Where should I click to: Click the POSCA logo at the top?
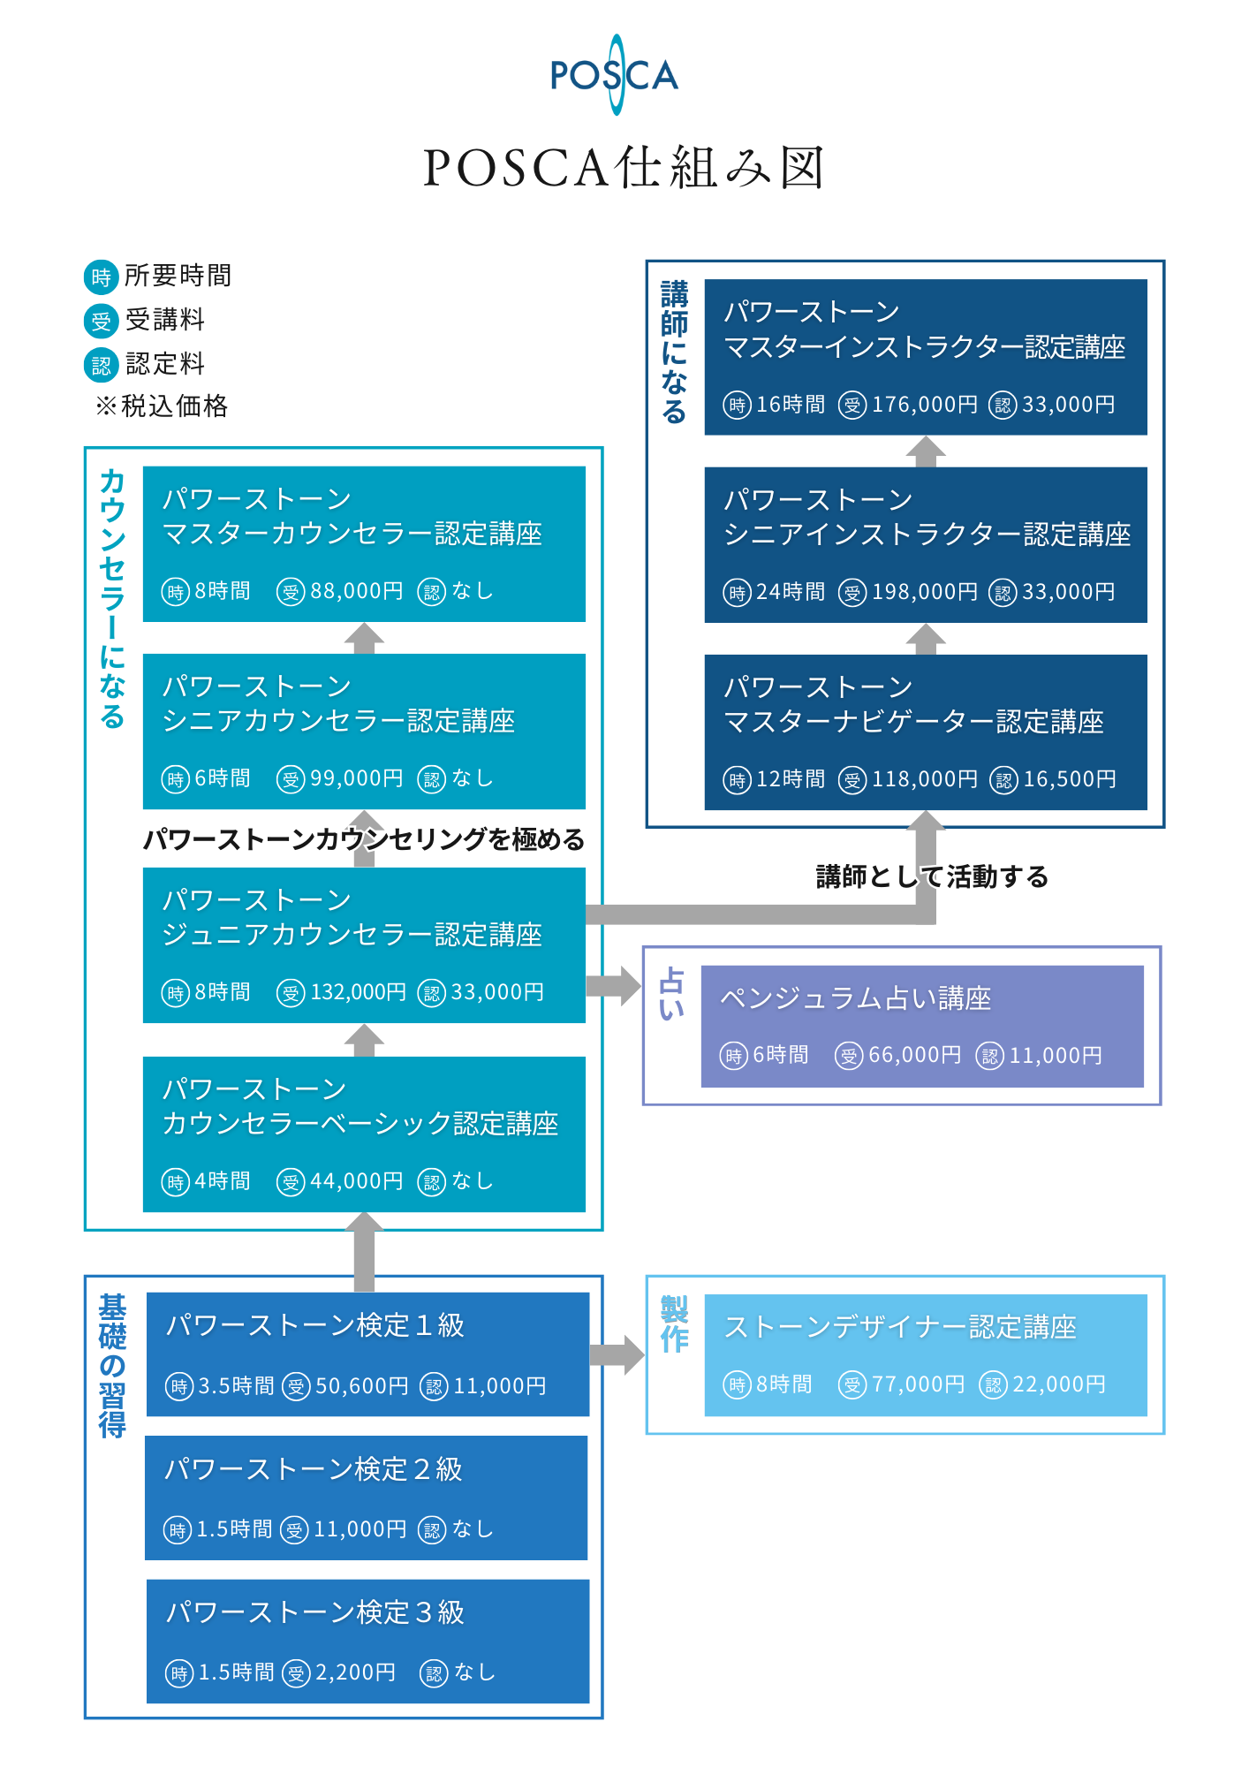[x=615, y=75]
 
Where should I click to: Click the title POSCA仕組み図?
[x=624, y=167]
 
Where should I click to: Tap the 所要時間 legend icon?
[x=101, y=277]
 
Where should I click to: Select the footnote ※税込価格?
[x=162, y=406]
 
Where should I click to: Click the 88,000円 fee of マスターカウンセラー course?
[x=356, y=591]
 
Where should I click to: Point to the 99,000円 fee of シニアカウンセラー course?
[x=356, y=778]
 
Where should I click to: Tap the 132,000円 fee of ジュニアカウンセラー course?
[x=358, y=992]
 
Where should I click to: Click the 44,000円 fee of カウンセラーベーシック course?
[x=356, y=1181]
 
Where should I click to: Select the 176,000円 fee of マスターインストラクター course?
[x=924, y=405]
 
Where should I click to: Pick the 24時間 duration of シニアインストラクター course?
[x=790, y=592]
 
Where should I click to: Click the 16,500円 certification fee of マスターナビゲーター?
[x=1069, y=779]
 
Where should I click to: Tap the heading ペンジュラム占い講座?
[x=855, y=998]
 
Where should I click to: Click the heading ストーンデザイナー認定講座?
[x=900, y=1327]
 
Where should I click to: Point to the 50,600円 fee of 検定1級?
[x=361, y=1386]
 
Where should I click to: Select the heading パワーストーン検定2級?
[x=314, y=1469]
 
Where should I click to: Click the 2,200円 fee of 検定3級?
[x=355, y=1672]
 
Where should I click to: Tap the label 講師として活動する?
[x=932, y=876]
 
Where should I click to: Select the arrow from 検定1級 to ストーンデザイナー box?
[x=617, y=1355]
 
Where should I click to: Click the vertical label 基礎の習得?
[x=112, y=1366]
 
